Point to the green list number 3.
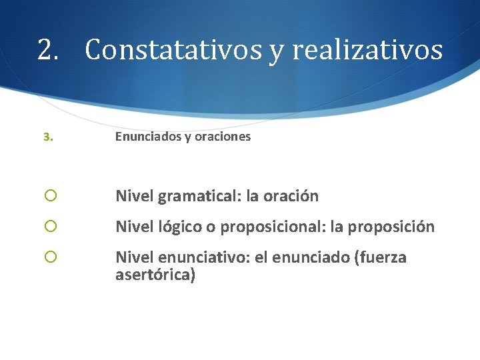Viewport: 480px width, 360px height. (47, 137)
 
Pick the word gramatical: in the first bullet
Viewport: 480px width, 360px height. (200, 196)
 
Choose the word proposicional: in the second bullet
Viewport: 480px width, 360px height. (273, 227)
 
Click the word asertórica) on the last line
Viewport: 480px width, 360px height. (155, 275)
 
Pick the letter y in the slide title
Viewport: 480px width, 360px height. (275, 52)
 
